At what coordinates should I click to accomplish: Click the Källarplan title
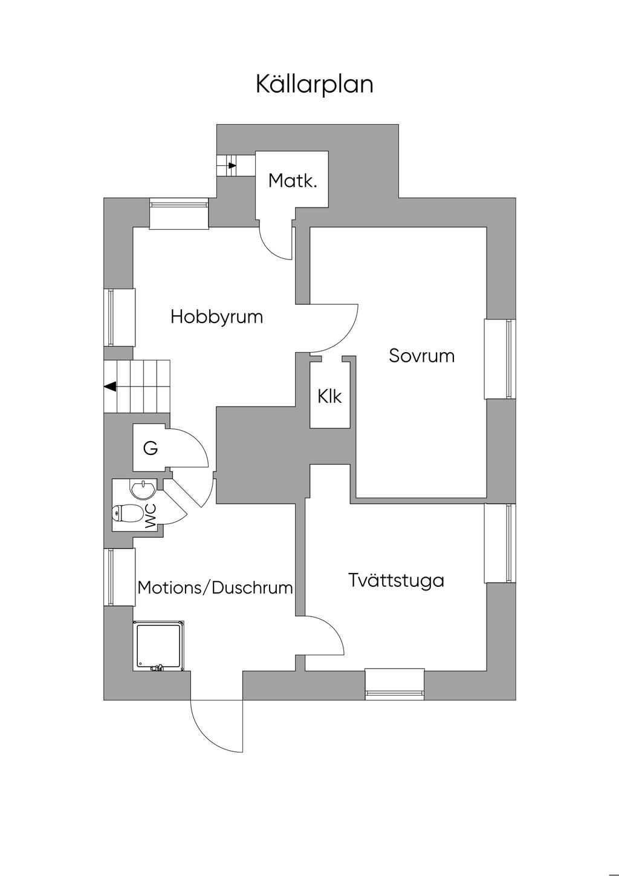[314, 84]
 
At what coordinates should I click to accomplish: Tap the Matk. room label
[293, 180]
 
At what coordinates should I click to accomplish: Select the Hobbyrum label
[216, 316]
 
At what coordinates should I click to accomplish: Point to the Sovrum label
[421, 355]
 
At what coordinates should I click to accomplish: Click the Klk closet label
[329, 396]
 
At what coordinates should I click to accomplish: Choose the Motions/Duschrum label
[215, 587]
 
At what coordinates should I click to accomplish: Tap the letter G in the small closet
[151, 448]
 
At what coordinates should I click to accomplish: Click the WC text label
[151, 516]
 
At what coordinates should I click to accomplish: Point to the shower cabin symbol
[159, 646]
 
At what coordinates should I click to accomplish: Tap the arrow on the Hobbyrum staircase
[110, 386]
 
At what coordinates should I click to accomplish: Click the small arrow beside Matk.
[232, 165]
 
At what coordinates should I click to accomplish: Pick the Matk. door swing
[276, 242]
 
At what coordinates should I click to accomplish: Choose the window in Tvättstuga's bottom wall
[395, 685]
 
